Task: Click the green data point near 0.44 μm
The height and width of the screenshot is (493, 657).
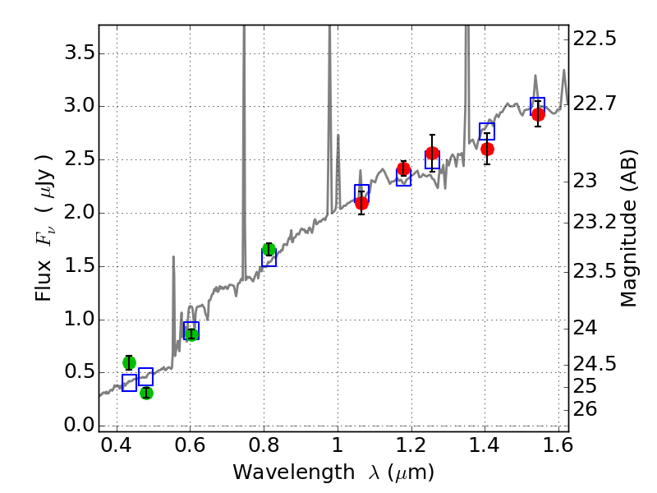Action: tap(129, 362)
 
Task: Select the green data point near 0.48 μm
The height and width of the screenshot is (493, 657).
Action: tap(146, 393)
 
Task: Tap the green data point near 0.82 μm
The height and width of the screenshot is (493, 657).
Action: tap(269, 250)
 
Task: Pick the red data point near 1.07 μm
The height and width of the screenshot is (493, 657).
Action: tap(361, 203)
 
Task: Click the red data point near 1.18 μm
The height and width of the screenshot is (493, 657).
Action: tap(403, 169)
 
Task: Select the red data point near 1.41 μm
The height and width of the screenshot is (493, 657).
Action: tap(487, 149)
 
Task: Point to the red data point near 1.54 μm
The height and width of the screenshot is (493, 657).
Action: tap(538, 114)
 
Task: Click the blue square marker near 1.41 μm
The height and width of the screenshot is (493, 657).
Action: tap(487, 131)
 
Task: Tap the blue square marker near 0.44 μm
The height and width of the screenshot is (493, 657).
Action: tap(129, 382)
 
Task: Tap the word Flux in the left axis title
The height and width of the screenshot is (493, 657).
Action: tap(44, 279)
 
